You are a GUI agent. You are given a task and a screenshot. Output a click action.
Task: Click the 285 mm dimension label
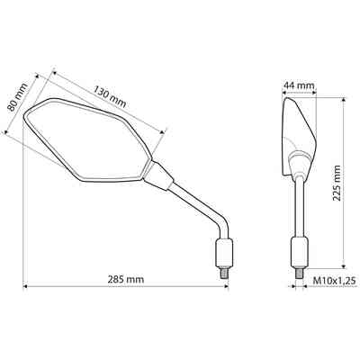[126, 279]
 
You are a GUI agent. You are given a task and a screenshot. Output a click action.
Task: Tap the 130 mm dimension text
[110, 96]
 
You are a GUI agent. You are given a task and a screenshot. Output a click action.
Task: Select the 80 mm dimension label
[17, 96]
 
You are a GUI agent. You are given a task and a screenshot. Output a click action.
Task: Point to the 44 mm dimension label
[299, 85]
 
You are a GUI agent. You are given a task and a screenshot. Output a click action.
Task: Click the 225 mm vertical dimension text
[337, 183]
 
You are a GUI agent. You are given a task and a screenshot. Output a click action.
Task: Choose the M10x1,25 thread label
[334, 281]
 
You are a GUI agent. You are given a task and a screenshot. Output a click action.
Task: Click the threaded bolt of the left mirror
[224, 273]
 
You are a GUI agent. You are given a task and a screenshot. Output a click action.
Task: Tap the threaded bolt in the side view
[299, 273]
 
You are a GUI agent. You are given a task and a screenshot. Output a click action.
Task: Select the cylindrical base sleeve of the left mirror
[224, 253]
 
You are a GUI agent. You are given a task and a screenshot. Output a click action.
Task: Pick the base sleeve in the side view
[300, 252]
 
